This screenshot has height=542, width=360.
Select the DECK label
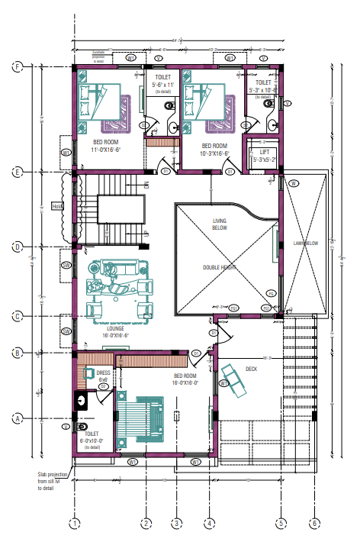pyautogui.click(x=252, y=369)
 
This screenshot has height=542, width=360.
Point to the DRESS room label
pyautogui.click(x=102, y=374)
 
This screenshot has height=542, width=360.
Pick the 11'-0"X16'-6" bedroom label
pyautogui.click(x=107, y=145)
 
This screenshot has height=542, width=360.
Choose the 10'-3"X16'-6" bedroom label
pyautogui.click(x=214, y=150)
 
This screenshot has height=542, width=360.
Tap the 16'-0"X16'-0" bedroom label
pyautogui.click(x=185, y=379)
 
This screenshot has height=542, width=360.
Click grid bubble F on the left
pyautogui.click(x=18, y=67)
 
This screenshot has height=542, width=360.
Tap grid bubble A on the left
pyautogui.click(x=18, y=418)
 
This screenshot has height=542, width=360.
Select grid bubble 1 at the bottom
pyautogui.click(x=74, y=524)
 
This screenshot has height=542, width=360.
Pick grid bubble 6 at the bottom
pyautogui.click(x=313, y=524)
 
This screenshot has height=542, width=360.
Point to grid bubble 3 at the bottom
pyautogui.click(x=177, y=524)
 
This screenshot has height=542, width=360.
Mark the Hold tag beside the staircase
pyautogui.click(x=56, y=205)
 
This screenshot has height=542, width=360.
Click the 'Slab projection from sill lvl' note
pyautogui.click(x=53, y=480)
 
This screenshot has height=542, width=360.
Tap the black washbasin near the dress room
pyautogui.click(x=82, y=398)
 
